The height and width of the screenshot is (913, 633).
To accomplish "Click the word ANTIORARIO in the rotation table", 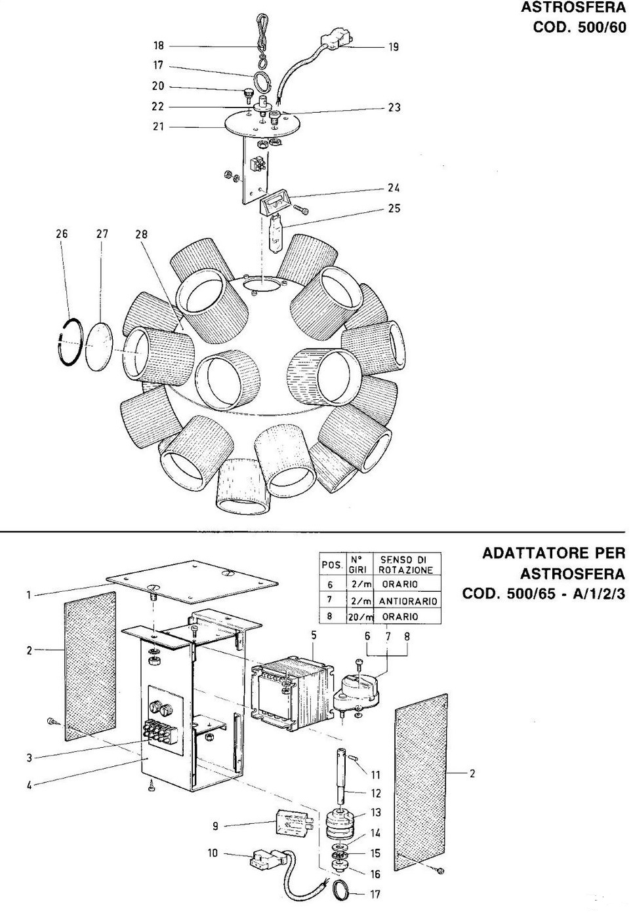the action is [408, 601].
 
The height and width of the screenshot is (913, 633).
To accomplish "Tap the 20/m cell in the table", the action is [360, 617].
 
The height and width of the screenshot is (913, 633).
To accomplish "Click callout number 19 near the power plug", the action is [393, 47].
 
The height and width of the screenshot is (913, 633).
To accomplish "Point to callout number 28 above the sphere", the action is [142, 235].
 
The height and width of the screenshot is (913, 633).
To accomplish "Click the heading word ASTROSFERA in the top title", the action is [573, 8].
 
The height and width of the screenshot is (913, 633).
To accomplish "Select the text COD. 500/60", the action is [579, 28].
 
